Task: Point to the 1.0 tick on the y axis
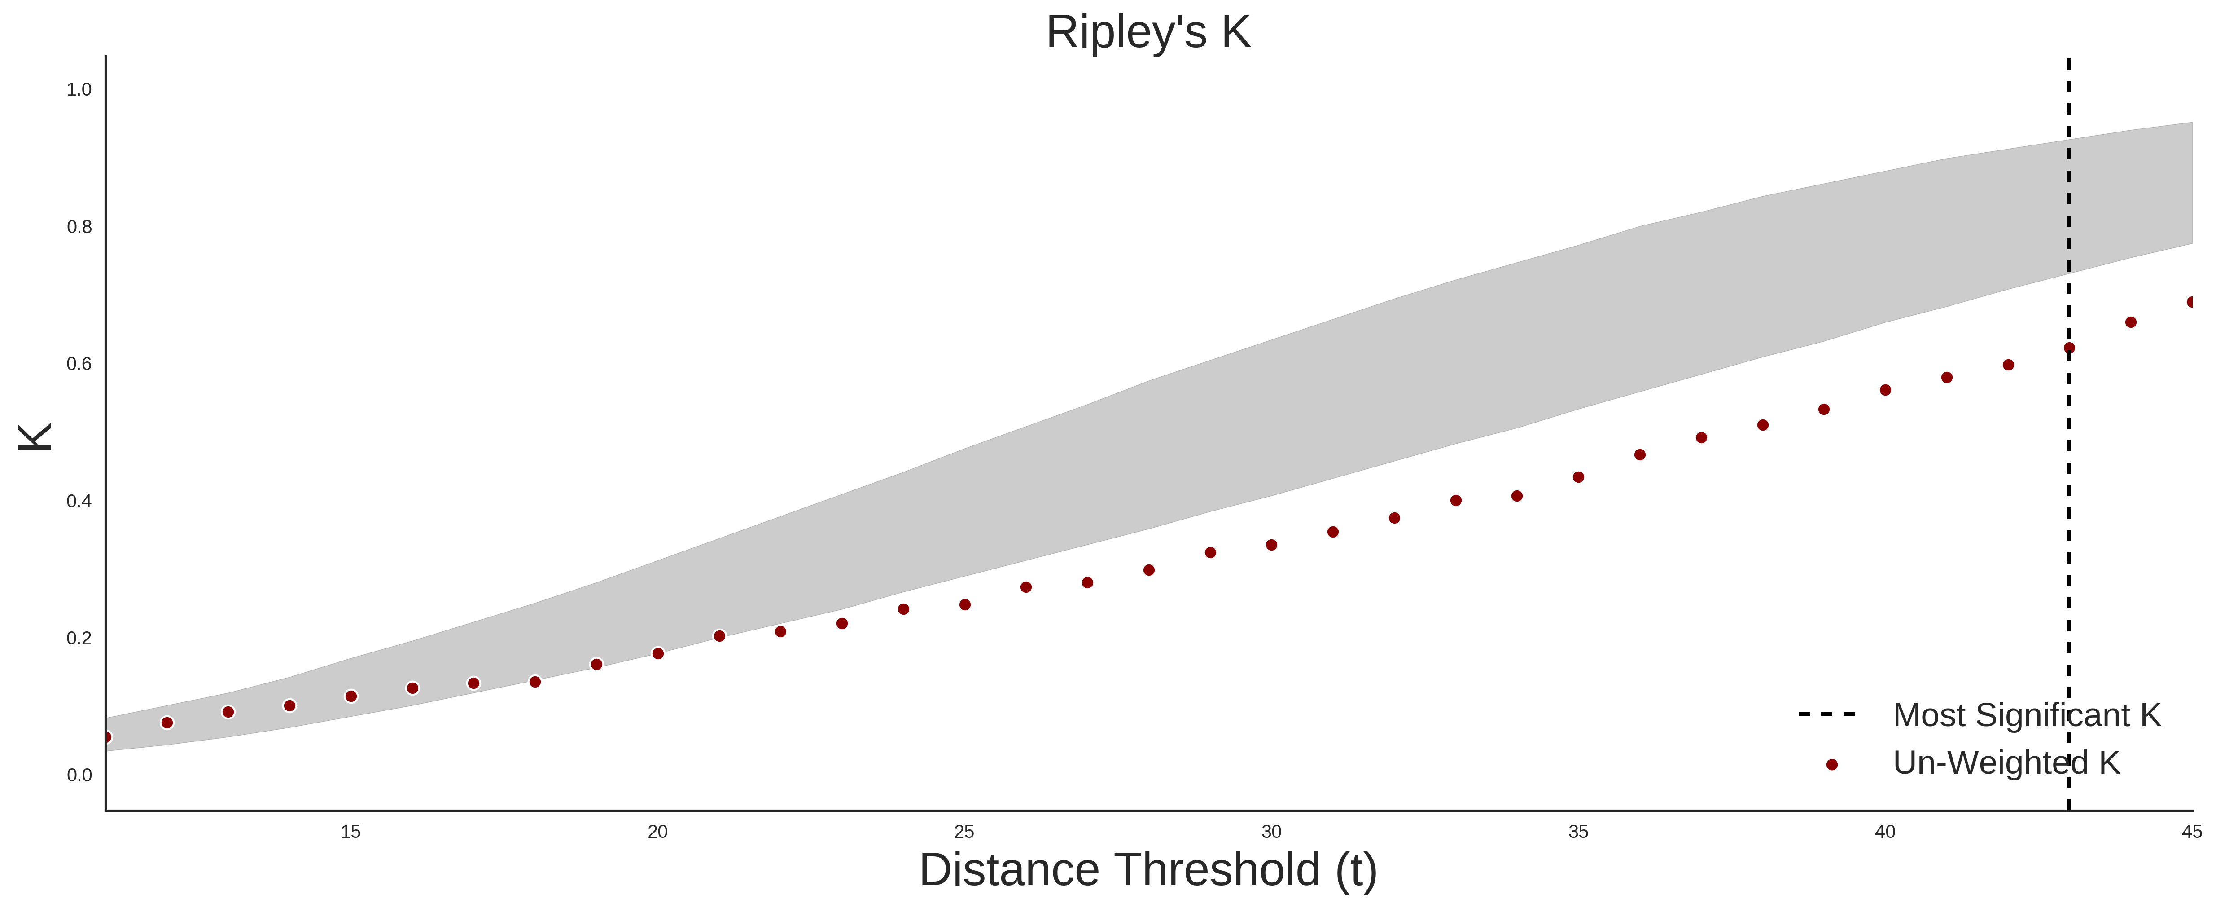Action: click(x=79, y=89)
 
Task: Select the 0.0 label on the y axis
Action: click(x=79, y=776)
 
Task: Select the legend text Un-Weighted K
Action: click(x=2006, y=763)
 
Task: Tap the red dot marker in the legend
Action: click(x=1831, y=764)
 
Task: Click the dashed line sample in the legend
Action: click(x=1827, y=714)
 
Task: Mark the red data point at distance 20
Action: click(x=658, y=653)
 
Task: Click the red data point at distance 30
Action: click(x=1271, y=545)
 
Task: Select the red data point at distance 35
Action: click(x=1578, y=477)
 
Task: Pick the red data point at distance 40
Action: click(x=1885, y=390)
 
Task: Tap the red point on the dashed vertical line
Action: click(x=2069, y=348)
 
